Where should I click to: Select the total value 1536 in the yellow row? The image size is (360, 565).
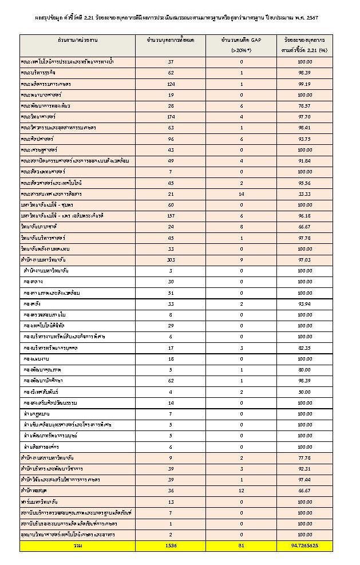point(171,546)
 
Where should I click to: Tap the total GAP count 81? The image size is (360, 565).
point(242,546)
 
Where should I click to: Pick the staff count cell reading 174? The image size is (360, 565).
point(171,116)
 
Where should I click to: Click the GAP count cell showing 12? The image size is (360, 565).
point(242,491)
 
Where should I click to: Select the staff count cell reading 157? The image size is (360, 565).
point(171,216)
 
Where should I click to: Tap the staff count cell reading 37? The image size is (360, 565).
point(171,62)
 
